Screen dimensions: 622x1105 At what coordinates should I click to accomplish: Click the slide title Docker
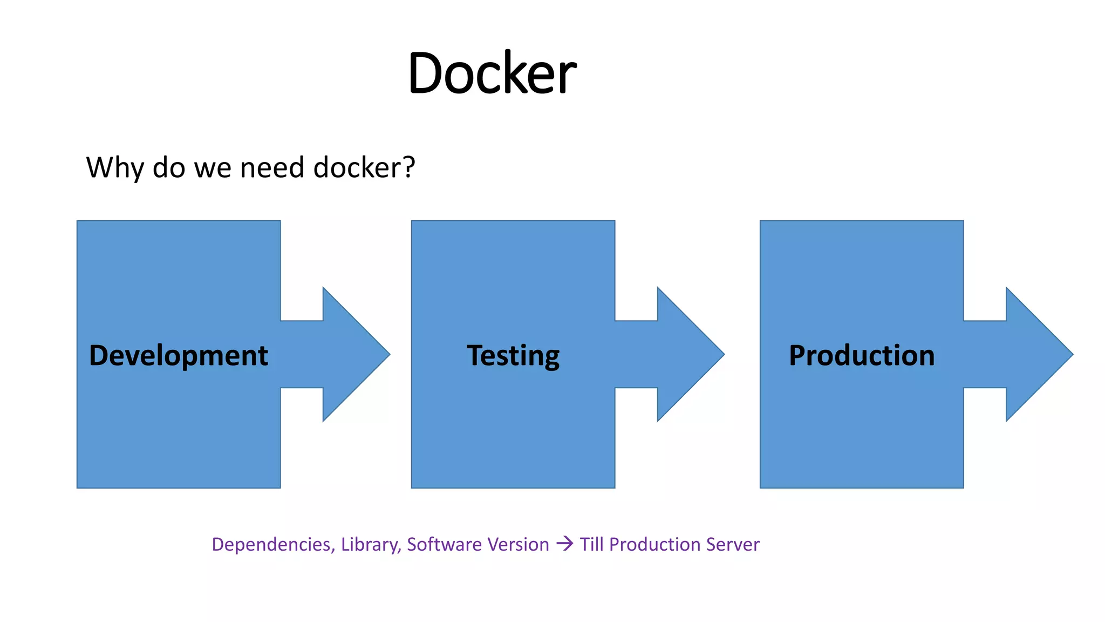coord(492,73)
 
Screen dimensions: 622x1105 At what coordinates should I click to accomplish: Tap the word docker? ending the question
coord(364,167)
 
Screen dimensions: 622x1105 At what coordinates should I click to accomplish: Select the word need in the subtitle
coord(272,167)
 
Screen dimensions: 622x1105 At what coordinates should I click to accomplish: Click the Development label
coord(178,355)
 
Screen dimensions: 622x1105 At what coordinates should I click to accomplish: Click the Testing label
coord(513,355)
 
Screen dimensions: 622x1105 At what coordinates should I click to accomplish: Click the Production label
coord(862,355)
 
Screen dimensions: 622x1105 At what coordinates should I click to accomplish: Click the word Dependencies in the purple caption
coord(273,544)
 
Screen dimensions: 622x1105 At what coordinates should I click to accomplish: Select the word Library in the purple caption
coord(370,544)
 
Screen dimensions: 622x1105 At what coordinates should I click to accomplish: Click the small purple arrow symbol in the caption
coord(564,543)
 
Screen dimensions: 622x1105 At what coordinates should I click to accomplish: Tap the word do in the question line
coord(169,167)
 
